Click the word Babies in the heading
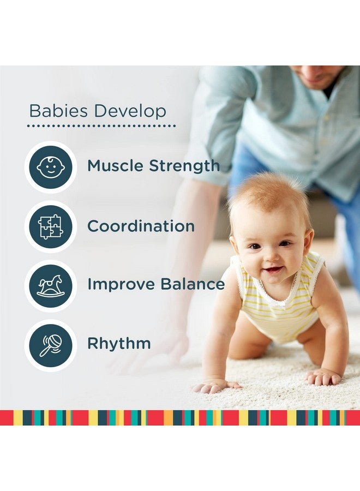coord(59,111)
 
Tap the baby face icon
coord(50,167)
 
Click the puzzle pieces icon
coord(50,226)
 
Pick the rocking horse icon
coord(50,285)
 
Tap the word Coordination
coord(141,226)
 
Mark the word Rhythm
coord(119,344)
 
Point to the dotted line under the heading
coord(101,125)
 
